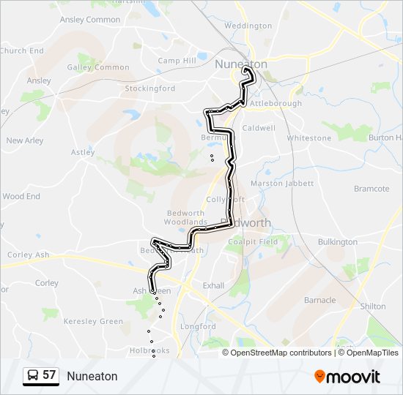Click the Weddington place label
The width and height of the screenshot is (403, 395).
tap(248, 26)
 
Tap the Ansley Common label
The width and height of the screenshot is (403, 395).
tap(90, 20)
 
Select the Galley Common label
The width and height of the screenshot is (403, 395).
tap(98, 67)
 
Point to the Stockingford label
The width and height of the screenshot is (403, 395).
tap(149, 89)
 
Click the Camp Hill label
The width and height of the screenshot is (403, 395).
tap(177, 61)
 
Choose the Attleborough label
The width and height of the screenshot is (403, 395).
tap(276, 103)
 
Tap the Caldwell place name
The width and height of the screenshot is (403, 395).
tap(259, 127)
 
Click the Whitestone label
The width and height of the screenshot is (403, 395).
tap(309, 138)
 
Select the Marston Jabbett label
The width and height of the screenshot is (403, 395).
tap(281, 184)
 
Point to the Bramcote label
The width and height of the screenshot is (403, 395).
tap(371, 189)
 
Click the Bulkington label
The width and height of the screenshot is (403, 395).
tap(338, 241)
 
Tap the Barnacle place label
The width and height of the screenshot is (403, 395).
tap(319, 300)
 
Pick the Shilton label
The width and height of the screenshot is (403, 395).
tap(373, 306)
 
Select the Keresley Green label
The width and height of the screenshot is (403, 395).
tap(93, 321)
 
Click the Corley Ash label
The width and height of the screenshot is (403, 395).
tap(28, 255)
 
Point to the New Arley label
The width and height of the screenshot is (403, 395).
tap(25, 140)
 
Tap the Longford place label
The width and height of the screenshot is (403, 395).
tap(199, 326)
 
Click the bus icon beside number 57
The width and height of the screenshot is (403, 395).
tap(33, 376)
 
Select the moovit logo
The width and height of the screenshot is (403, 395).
tap(347, 377)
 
